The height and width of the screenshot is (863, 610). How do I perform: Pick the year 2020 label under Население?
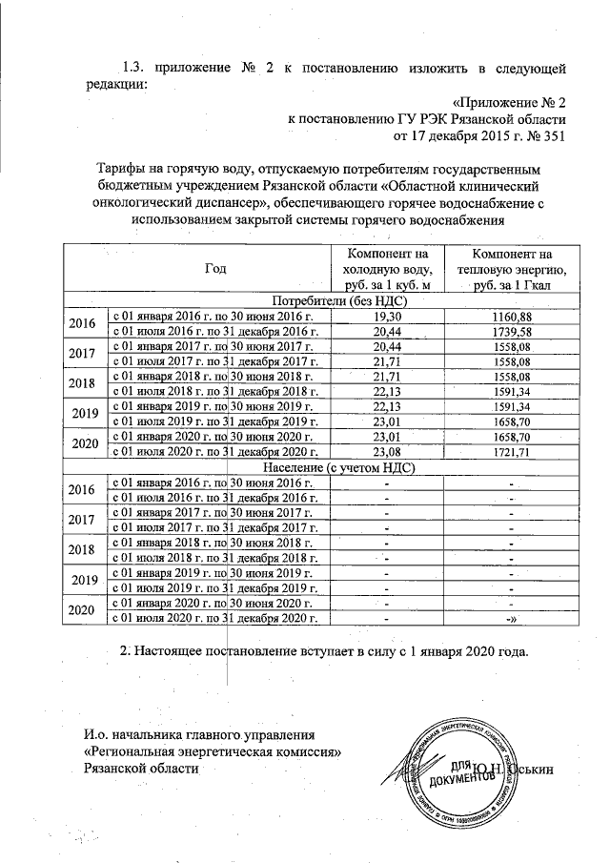84,611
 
